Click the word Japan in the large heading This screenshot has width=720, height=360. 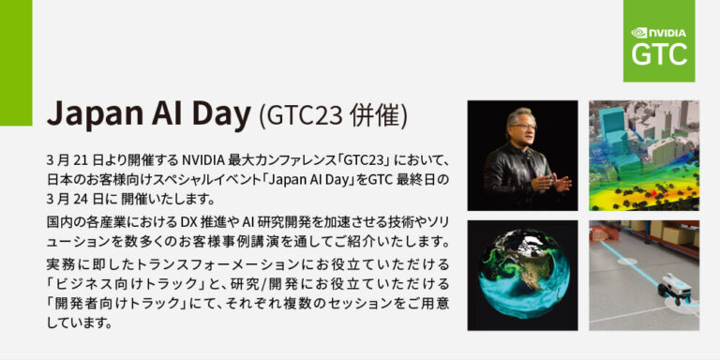(88, 114)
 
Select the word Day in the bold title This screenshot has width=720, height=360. (221, 114)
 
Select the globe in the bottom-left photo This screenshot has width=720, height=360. (521, 274)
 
